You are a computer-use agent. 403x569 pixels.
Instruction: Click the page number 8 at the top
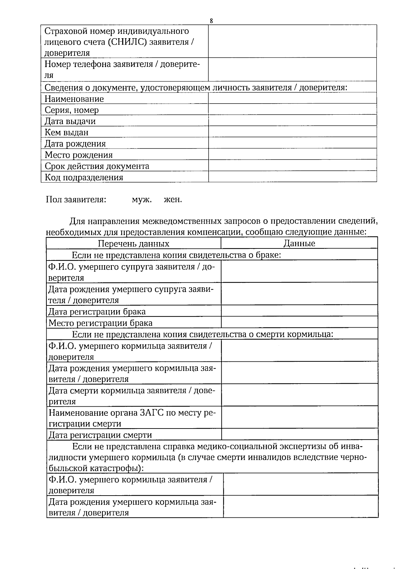(x=211, y=21)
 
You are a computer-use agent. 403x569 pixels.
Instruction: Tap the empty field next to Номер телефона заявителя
(x=292, y=69)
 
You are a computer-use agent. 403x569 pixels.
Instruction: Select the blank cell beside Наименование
(x=292, y=98)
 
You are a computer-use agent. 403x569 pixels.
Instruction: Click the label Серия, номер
(x=72, y=110)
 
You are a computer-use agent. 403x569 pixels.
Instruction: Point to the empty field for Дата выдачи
(x=292, y=121)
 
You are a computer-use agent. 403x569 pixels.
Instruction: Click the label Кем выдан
(x=66, y=132)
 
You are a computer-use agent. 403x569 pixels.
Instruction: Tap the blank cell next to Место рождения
(x=292, y=154)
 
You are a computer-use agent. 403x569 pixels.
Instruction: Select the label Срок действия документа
(x=97, y=166)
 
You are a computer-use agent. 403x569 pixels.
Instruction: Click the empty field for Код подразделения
(x=292, y=177)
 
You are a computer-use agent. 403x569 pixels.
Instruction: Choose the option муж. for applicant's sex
(x=142, y=200)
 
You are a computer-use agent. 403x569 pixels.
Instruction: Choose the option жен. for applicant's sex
(x=173, y=200)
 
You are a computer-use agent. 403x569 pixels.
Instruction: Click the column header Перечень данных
(x=133, y=243)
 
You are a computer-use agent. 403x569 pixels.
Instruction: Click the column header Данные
(x=299, y=243)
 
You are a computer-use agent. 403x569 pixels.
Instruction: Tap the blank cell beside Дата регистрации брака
(x=299, y=311)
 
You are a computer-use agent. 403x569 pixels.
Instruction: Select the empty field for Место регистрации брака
(x=299, y=322)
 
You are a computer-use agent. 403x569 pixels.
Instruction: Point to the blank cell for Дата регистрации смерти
(x=299, y=434)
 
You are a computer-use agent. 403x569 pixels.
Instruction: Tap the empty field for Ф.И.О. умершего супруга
(x=299, y=271)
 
